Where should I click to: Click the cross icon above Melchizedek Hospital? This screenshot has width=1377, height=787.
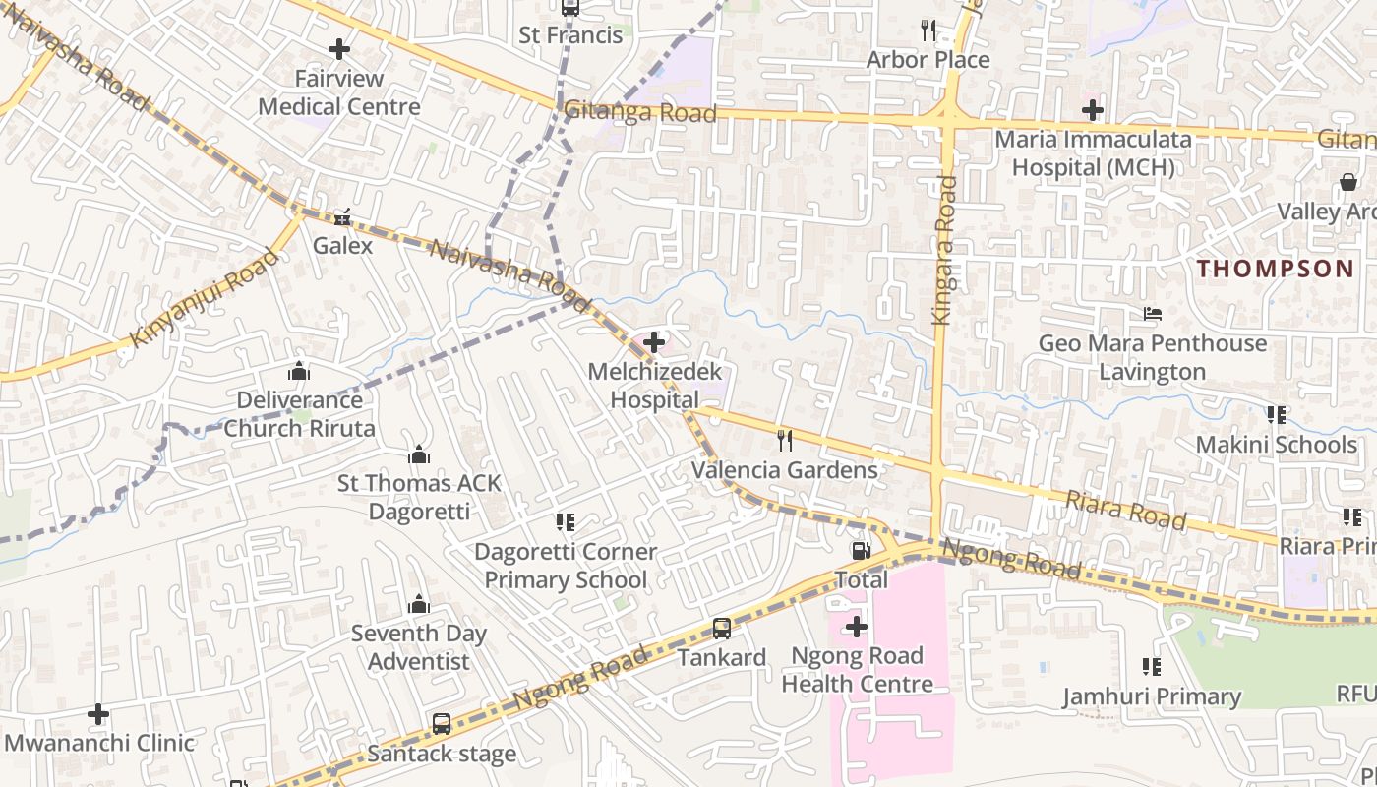point(654,342)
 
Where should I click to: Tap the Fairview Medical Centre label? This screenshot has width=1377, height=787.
point(339,92)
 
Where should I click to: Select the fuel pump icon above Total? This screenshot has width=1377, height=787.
point(861,551)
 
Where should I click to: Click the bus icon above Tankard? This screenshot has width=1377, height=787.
point(721,628)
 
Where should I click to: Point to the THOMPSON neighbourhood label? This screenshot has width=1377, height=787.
point(1275,269)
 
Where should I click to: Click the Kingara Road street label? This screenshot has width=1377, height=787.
point(944,250)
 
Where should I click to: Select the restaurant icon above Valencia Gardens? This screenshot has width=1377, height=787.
point(784,440)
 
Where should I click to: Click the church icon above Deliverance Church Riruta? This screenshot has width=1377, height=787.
point(299,371)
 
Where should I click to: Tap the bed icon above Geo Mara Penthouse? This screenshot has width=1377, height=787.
point(1153,314)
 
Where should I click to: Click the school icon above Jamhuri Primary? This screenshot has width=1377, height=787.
point(1152,667)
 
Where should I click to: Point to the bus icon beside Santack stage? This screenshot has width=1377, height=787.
point(442,724)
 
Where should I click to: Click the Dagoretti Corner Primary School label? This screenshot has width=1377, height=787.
point(566,566)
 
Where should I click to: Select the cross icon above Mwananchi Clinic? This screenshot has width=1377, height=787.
point(98,713)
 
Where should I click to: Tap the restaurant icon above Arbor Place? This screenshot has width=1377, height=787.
point(928,30)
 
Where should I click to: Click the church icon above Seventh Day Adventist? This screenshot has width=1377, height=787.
point(419,603)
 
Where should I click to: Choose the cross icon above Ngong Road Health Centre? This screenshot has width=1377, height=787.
point(857,626)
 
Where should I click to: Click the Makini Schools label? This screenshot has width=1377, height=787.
point(1276,444)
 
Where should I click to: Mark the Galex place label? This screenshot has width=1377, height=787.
point(342,245)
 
